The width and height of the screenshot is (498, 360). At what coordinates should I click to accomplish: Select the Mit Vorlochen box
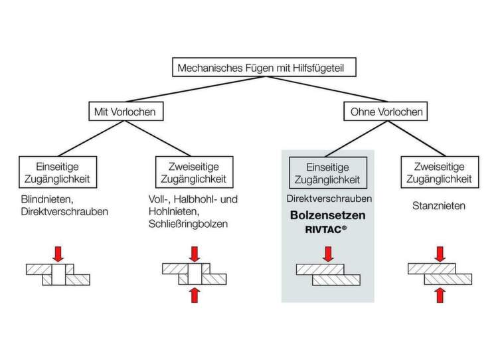[124, 112]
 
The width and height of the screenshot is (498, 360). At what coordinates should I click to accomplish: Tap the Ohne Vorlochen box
[386, 112]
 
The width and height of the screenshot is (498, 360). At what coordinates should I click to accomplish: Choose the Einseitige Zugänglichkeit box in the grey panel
[327, 173]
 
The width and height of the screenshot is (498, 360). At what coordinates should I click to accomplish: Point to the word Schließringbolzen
[189, 224]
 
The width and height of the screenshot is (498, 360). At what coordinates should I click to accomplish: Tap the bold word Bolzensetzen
[327, 215]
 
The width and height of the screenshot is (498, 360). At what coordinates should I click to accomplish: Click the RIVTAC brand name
[327, 229]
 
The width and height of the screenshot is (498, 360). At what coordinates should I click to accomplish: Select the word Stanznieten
[438, 206]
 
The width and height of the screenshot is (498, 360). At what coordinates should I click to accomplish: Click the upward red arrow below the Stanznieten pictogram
[440, 294]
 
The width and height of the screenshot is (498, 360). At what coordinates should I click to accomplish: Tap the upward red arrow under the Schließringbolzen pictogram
[195, 294]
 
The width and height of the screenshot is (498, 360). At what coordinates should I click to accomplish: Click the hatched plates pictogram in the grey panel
[327, 274]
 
